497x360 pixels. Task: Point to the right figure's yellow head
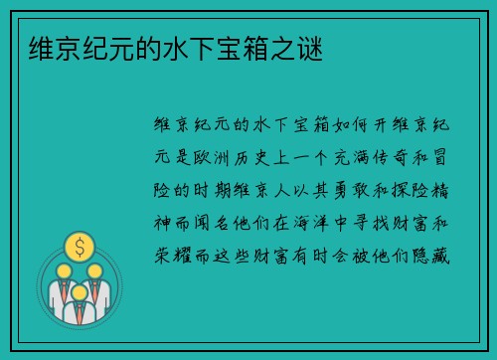tap(95, 270)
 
